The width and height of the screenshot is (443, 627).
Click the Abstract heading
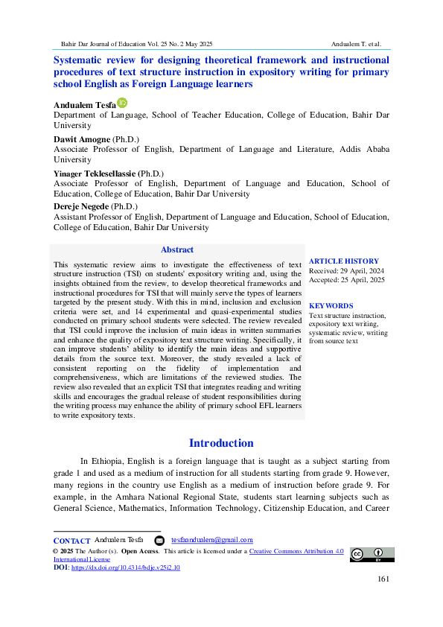(176, 250)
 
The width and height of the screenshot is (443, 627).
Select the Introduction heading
(221, 443)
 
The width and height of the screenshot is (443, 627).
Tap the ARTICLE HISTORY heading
(344, 261)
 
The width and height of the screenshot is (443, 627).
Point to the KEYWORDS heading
(331, 306)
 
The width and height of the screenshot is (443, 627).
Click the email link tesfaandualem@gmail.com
(212, 540)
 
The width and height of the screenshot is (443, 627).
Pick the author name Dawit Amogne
(81, 139)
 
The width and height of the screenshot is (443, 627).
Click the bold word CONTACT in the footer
(72, 540)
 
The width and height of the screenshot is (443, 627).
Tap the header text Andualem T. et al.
(357, 44)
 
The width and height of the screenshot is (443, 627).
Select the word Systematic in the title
(82, 60)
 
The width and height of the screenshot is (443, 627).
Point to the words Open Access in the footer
(139, 551)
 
